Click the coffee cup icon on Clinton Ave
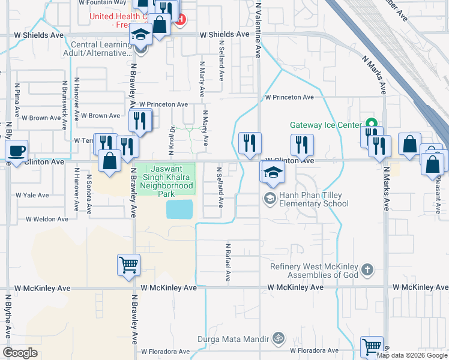(17, 151)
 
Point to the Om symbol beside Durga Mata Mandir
(277, 338)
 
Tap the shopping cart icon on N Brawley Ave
(129, 264)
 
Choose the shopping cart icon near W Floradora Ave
(372, 347)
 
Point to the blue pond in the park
(179, 209)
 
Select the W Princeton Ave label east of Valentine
(290, 97)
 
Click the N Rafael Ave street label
(228, 262)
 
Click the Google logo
(20, 353)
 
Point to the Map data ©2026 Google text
(412, 355)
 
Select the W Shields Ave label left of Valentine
(224, 35)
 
